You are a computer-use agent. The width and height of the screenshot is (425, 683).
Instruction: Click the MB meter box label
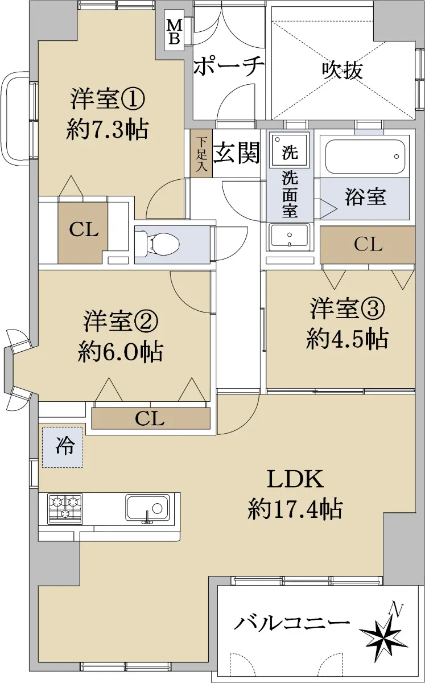(175, 31)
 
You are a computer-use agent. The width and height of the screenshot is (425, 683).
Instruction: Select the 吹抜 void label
(342, 71)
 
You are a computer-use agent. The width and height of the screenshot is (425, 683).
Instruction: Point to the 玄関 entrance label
(236, 152)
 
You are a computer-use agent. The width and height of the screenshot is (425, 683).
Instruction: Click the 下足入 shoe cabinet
(201, 154)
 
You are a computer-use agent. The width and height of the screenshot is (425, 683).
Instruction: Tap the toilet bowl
(158, 244)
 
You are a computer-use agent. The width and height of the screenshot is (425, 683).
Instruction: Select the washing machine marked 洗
(290, 149)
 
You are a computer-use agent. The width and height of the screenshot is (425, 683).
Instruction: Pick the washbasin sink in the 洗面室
(290, 237)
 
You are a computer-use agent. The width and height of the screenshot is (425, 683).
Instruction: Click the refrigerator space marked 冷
(63, 447)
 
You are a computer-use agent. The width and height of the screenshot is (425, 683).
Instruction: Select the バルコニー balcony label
(291, 623)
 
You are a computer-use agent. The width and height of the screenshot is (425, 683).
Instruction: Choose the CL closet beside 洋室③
(368, 244)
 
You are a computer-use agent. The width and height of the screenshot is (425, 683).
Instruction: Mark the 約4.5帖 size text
(347, 339)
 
